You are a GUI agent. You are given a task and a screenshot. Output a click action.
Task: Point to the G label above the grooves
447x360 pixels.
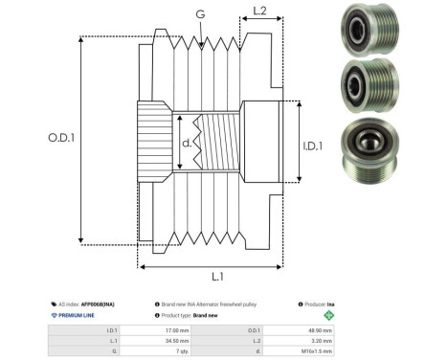198,15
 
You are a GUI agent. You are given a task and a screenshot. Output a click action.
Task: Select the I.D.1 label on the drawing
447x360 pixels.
314,146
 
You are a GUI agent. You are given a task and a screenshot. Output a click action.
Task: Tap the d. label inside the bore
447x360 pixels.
187,144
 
